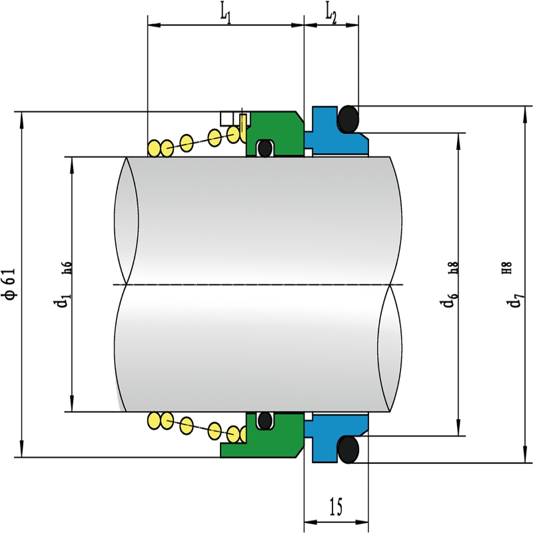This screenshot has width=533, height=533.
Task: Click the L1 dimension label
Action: click(226, 15)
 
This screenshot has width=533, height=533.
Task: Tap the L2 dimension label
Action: click(331, 15)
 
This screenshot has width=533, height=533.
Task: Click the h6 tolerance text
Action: click(67, 268)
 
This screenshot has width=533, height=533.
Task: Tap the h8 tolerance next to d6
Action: click(454, 268)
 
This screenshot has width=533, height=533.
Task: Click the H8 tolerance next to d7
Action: click(506, 268)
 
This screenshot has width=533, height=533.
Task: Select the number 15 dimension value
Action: click(336, 506)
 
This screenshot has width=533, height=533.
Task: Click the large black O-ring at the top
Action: click(348, 119)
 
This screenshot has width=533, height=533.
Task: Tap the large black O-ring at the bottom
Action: click(348, 449)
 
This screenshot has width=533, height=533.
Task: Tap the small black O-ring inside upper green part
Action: click(265, 148)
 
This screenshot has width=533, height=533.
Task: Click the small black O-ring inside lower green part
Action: click(265, 421)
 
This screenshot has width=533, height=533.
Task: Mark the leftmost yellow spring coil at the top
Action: click(154, 148)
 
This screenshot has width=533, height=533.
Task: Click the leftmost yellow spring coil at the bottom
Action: click(154, 420)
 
